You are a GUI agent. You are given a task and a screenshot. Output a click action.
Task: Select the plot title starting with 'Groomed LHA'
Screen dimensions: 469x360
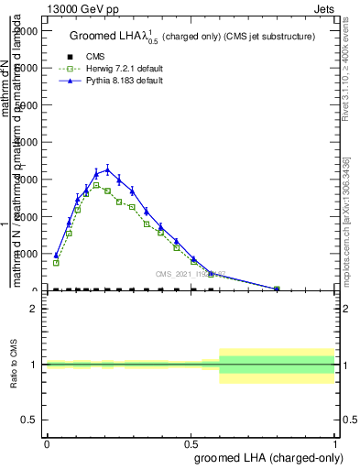[191, 36]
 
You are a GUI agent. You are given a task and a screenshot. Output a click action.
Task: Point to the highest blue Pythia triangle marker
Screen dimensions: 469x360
[107, 169]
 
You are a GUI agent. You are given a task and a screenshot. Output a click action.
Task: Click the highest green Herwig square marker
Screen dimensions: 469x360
[96, 186]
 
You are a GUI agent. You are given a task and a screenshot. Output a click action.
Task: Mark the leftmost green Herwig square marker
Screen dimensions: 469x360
[56, 263]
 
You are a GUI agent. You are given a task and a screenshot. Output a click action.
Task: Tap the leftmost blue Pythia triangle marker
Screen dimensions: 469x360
[56, 256]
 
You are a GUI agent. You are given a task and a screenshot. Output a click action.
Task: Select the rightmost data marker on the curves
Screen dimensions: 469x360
[277, 289]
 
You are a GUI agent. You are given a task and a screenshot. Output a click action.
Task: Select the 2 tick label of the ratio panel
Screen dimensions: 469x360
[34, 310]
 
